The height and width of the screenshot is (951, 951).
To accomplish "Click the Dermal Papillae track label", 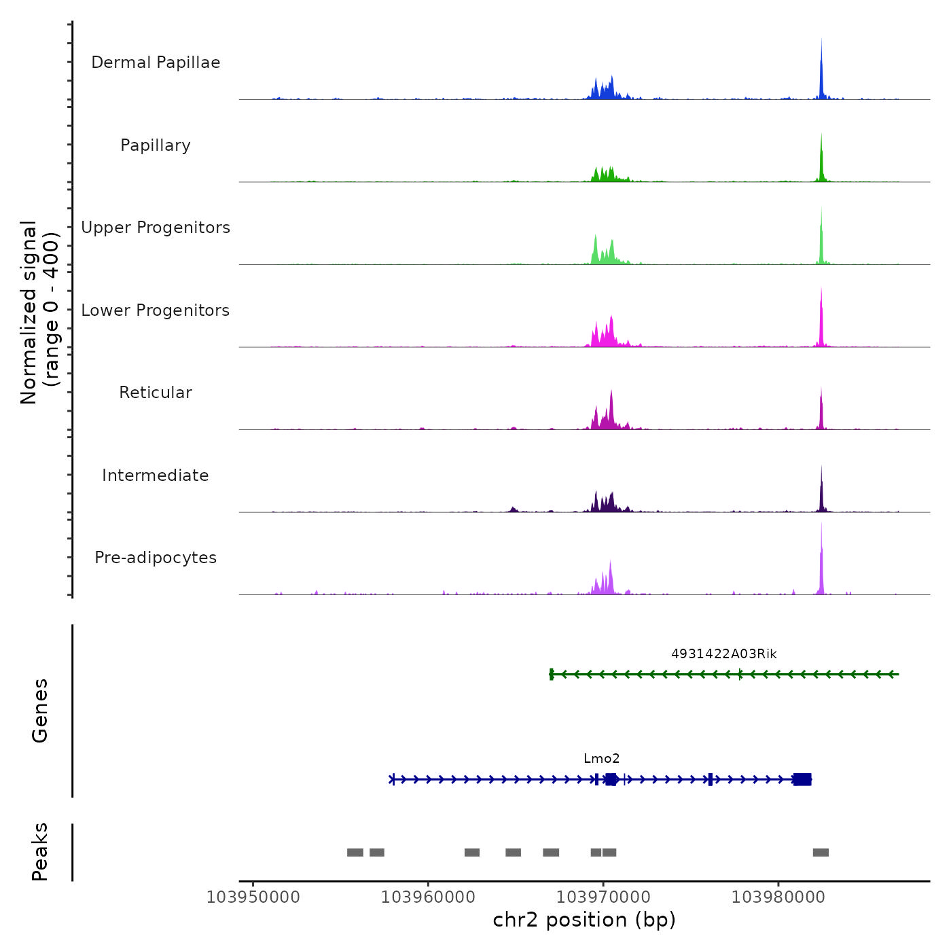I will [x=156, y=62].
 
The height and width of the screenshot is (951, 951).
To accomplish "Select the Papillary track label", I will [x=156, y=145].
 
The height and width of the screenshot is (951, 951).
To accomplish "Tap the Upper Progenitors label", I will [x=156, y=228].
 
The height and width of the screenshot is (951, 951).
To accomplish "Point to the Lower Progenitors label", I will [x=156, y=310].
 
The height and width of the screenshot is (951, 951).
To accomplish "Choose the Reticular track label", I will [x=156, y=393].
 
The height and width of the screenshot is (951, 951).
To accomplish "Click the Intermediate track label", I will [x=156, y=475].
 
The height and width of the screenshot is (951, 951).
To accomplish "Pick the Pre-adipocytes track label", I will [x=156, y=558].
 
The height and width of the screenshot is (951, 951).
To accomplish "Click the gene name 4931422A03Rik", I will [x=723, y=654].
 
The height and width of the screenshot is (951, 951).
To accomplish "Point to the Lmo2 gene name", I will [x=602, y=759].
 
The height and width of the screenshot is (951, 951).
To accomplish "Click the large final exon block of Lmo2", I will [x=802, y=779].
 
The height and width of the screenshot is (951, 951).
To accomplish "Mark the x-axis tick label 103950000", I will [x=253, y=897].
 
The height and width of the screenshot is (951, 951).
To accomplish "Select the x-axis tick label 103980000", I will [x=778, y=897].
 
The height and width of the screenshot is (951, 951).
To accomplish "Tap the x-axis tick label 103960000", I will [x=428, y=897].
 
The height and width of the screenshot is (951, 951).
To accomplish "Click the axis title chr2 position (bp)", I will [x=584, y=920].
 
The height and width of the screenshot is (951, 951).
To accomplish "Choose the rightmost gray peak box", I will [x=821, y=853].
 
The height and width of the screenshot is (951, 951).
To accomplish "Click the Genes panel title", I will [x=40, y=711].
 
